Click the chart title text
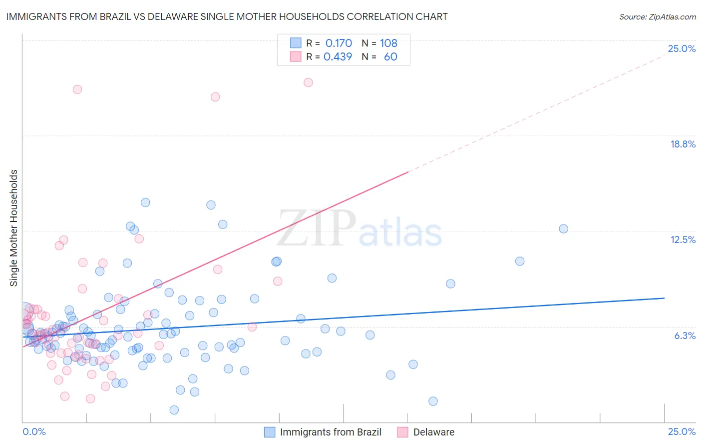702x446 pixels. coord(227,16)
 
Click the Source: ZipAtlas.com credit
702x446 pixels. coord(657,16)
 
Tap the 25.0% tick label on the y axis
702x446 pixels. coord(682,48)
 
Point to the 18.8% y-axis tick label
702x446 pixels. coord(683,144)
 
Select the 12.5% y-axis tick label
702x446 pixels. coord(683,239)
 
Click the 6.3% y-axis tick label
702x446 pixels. coord(685,335)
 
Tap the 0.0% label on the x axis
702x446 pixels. coord(34,431)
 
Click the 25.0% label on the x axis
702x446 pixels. coord(682,431)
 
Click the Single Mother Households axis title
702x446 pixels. coord(14,228)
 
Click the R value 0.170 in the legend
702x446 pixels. coord(339,43)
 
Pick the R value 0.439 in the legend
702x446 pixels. coord(338,56)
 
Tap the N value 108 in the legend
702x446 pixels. coord(388,43)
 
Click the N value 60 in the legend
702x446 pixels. coord(390,56)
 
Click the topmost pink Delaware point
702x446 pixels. coord(308,82)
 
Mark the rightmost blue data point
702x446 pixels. coord(563,228)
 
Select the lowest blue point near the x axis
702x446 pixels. coord(174,410)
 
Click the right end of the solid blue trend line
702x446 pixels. coord(664,298)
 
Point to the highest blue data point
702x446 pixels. coord(145,202)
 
